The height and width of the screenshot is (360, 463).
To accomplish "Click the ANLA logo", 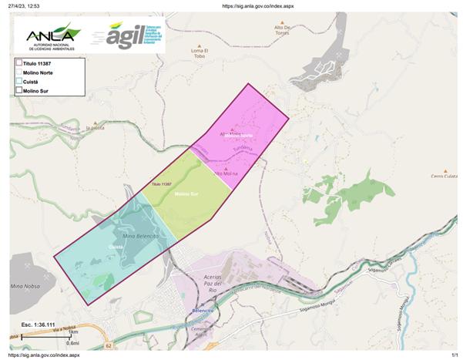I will tap(50, 35).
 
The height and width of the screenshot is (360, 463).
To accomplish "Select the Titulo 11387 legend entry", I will tap(43, 62).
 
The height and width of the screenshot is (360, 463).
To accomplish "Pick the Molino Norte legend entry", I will tap(42, 72).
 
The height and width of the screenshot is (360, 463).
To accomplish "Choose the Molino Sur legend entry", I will tap(40, 90).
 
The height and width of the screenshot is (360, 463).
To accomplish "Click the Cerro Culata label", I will tap(443, 176).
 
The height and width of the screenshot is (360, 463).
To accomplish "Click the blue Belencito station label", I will tap(202, 310).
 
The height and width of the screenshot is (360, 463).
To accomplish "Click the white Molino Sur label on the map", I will tap(187, 193).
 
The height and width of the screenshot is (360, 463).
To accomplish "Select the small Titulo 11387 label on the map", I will tap(161, 185).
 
